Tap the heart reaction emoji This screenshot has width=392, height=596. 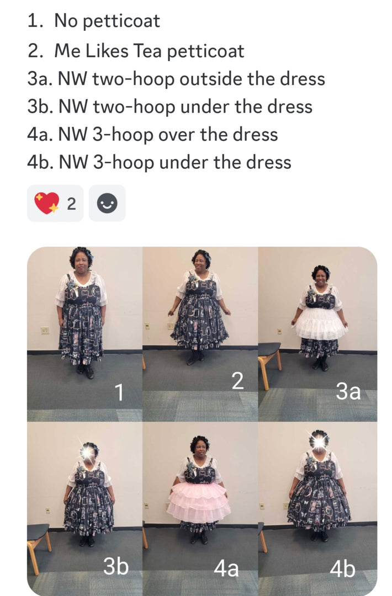click(47, 203)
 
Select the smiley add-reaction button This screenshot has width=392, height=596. click(107, 203)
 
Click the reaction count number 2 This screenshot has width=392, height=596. click(71, 204)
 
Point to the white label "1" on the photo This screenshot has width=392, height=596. click(119, 392)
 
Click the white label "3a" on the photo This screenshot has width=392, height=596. click(348, 391)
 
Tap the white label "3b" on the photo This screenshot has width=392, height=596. click(116, 566)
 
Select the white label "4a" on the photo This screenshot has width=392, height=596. click(226, 568)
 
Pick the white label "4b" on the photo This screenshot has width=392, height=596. click(342, 570)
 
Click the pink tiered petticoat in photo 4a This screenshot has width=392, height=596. click(199, 502)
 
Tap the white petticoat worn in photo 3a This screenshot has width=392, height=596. click(320, 323)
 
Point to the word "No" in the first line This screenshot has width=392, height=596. click(66, 20)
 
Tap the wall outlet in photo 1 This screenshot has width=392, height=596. click(45, 331)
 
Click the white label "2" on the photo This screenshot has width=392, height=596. click(237, 381)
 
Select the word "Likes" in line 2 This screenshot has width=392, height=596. click(107, 51)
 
